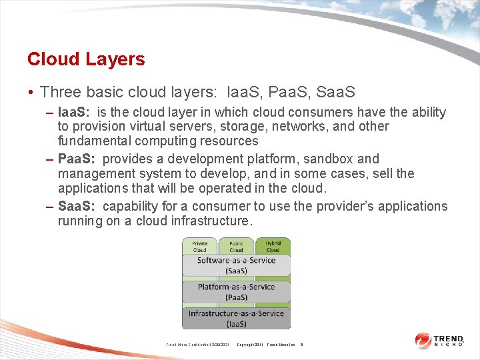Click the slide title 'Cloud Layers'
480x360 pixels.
point(86,59)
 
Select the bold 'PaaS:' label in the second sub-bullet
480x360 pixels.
point(78,159)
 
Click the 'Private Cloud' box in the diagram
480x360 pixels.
point(200,247)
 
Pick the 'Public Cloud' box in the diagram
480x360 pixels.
point(236,247)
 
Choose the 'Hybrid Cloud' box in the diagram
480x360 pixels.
point(273,247)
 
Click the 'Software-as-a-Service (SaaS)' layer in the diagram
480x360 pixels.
point(236,265)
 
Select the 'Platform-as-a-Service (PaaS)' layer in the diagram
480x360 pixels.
point(236,292)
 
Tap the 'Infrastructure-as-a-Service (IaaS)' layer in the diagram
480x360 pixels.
point(236,318)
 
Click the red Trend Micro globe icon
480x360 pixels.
point(423,340)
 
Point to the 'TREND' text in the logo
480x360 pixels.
point(449,337)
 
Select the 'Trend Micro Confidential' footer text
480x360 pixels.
point(198,345)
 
